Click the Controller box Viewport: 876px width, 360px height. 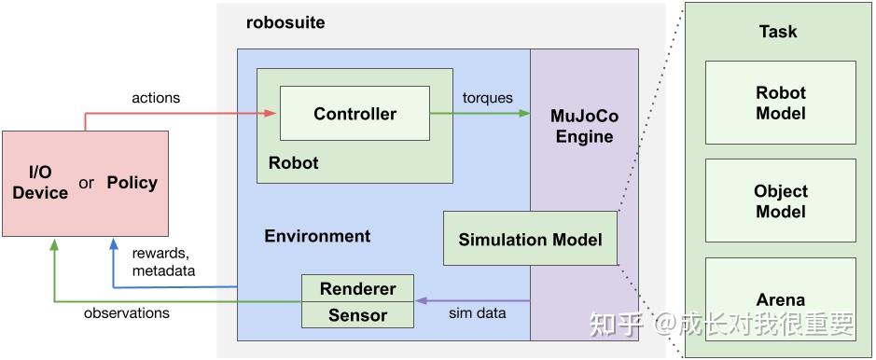(x=355, y=114)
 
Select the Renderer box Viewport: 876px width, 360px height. (x=357, y=288)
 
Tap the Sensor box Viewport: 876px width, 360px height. (x=357, y=315)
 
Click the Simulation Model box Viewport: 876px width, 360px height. (x=529, y=240)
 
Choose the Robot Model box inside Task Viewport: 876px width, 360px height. (x=780, y=104)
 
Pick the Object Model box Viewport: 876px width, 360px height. (x=780, y=201)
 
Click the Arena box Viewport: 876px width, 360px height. (x=780, y=300)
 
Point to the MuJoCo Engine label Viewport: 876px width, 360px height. (x=584, y=127)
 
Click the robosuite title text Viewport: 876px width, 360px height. (x=285, y=22)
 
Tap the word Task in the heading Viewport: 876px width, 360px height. (x=778, y=32)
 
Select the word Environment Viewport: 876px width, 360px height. (x=317, y=236)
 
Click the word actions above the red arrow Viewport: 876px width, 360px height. (x=157, y=97)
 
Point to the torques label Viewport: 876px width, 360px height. (x=488, y=97)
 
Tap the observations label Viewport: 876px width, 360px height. (x=127, y=313)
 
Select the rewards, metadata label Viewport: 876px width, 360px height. (x=163, y=262)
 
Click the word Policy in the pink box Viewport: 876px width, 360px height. (x=132, y=182)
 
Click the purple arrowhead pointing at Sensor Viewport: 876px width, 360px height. (x=420, y=301)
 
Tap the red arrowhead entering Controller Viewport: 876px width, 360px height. (x=271, y=114)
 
